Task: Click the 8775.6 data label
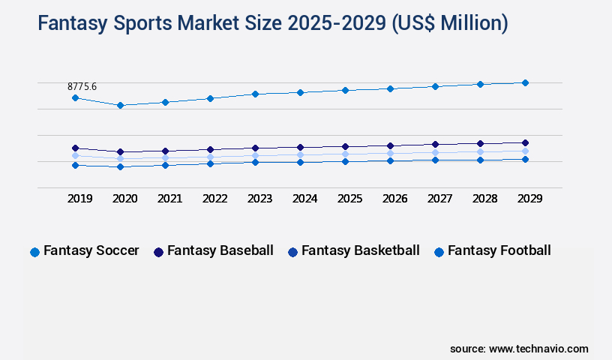[82, 87]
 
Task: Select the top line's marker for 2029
[525, 82]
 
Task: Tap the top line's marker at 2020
[120, 105]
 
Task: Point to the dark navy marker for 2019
[75, 148]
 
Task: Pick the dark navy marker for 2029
[525, 142]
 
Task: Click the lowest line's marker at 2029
[525, 159]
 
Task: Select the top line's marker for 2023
[255, 94]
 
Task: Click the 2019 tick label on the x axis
[80, 199]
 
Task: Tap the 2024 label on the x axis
[305, 199]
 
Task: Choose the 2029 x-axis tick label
[529, 199]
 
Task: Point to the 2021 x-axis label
[170, 199]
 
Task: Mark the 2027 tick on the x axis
[439, 199]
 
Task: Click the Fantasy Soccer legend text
[91, 250]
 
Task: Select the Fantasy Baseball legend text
[220, 250]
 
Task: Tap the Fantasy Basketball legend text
[360, 250]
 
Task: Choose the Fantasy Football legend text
[499, 250]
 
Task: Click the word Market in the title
[211, 23]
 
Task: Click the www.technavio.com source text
[538, 349]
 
